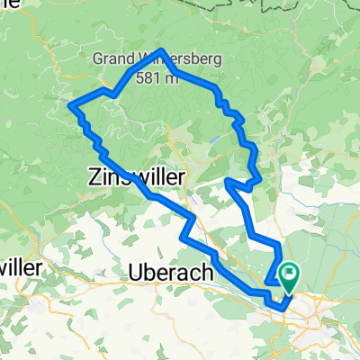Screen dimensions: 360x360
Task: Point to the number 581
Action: (148, 78)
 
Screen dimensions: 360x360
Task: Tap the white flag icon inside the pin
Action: (290, 271)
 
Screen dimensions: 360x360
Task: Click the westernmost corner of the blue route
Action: (69, 106)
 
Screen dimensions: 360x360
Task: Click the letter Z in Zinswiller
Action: (94, 177)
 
